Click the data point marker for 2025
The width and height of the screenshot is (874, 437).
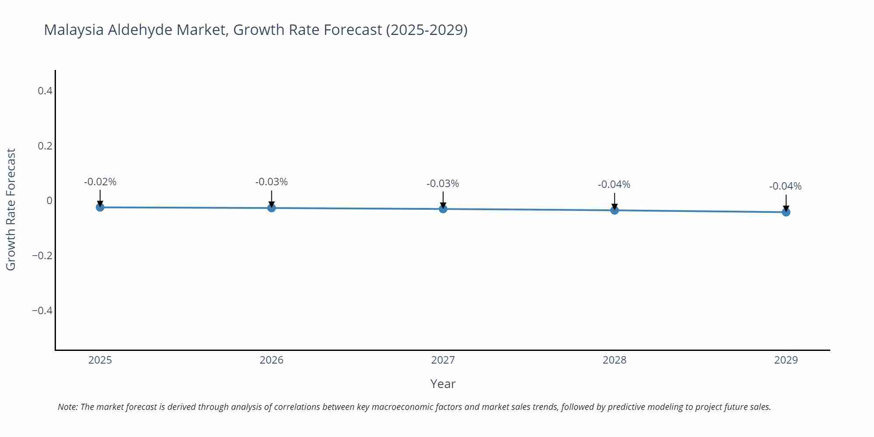(x=100, y=207)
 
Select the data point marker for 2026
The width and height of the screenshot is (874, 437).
(x=271, y=208)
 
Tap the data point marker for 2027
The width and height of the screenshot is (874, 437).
(x=443, y=209)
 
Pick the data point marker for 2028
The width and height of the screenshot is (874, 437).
(x=614, y=210)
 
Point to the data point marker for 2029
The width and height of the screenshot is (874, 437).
(x=786, y=212)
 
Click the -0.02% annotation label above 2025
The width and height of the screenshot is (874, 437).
(x=100, y=182)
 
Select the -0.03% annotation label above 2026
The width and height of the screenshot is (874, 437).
(x=271, y=182)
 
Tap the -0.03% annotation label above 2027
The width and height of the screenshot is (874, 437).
(x=443, y=184)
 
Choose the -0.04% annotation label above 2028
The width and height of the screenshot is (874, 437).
(x=614, y=184)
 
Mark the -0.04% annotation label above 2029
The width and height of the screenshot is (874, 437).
(x=785, y=186)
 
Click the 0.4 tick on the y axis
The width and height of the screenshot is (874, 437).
(x=45, y=91)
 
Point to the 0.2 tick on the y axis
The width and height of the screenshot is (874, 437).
(x=45, y=146)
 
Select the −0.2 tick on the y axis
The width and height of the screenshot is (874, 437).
(x=42, y=256)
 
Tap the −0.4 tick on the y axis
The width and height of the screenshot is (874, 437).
(x=42, y=311)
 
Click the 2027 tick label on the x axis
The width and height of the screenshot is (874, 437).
(x=443, y=360)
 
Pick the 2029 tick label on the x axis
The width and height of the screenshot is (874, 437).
(x=786, y=360)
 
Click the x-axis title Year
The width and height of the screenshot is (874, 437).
(x=443, y=384)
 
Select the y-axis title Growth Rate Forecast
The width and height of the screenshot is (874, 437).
(x=11, y=209)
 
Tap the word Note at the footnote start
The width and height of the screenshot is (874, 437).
(x=67, y=407)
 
